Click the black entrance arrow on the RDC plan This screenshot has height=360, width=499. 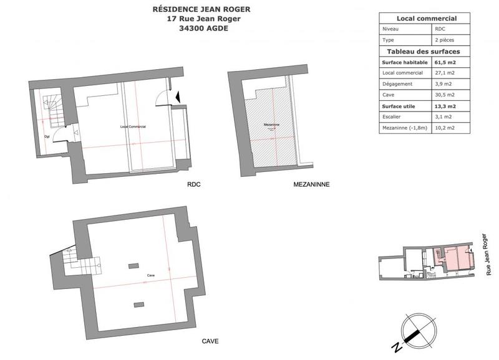click(178, 97)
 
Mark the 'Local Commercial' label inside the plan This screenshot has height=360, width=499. click(133, 126)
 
